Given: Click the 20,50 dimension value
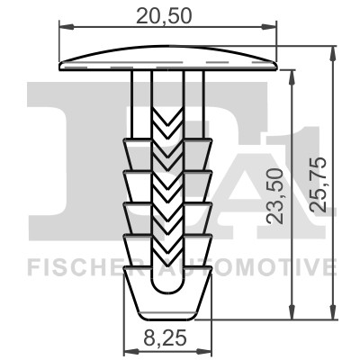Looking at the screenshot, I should pyautogui.click(x=167, y=14).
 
